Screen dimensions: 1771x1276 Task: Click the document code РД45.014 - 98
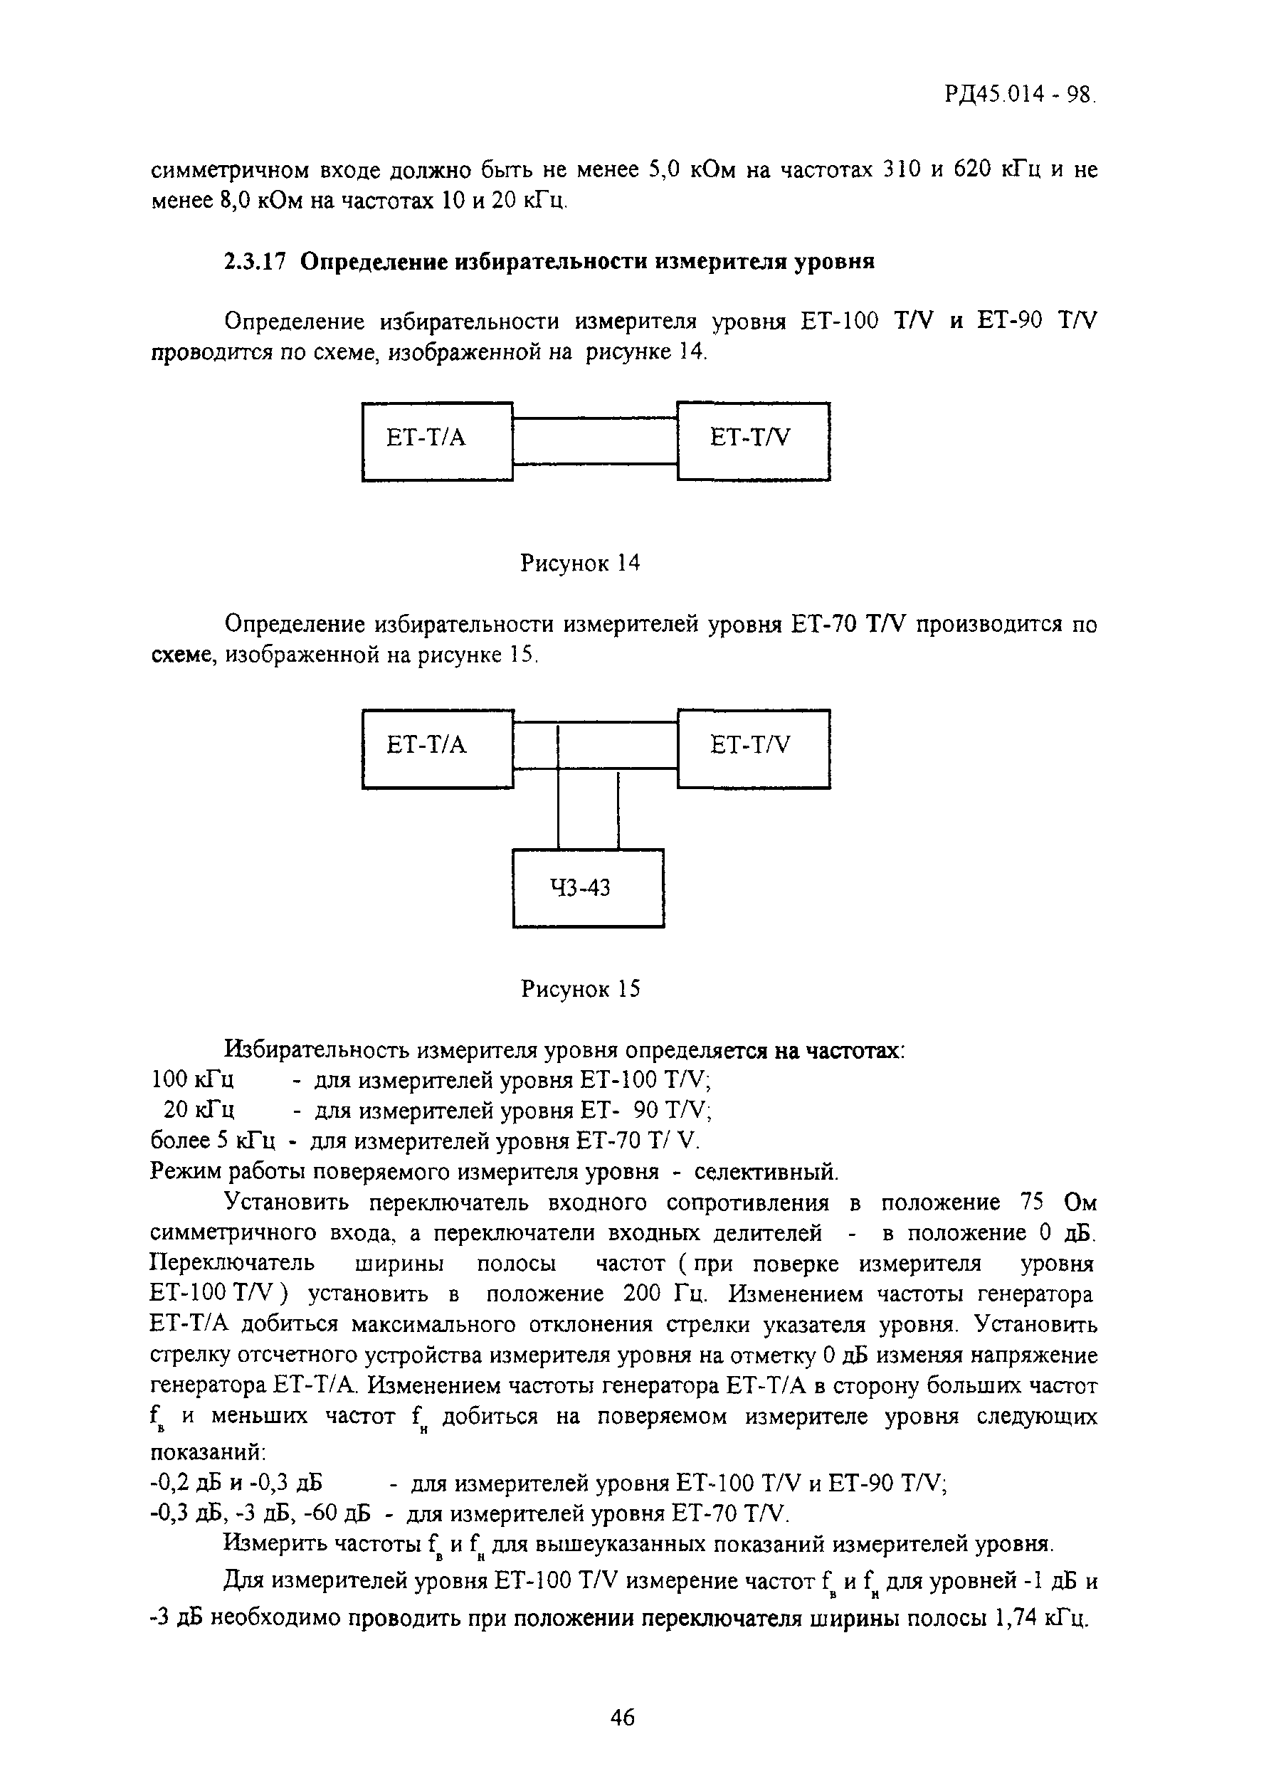tap(1020, 95)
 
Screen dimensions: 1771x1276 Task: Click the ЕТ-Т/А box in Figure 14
tap(437, 441)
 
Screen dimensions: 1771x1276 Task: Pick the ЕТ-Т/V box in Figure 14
tap(753, 441)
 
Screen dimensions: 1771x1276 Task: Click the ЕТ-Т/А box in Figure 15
tap(437, 749)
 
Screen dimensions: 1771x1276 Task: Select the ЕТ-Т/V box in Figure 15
tap(753, 749)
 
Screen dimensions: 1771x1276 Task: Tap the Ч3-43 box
tap(588, 888)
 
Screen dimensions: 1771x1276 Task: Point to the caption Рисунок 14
tap(580, 563)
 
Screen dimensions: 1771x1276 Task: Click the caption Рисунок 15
tap(580, 989)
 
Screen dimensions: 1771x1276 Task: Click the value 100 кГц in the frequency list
tap(192, 1080)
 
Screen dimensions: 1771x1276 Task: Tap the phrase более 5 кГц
tap(212, 1141)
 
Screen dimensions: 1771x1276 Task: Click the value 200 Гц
tap(665, 1294)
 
